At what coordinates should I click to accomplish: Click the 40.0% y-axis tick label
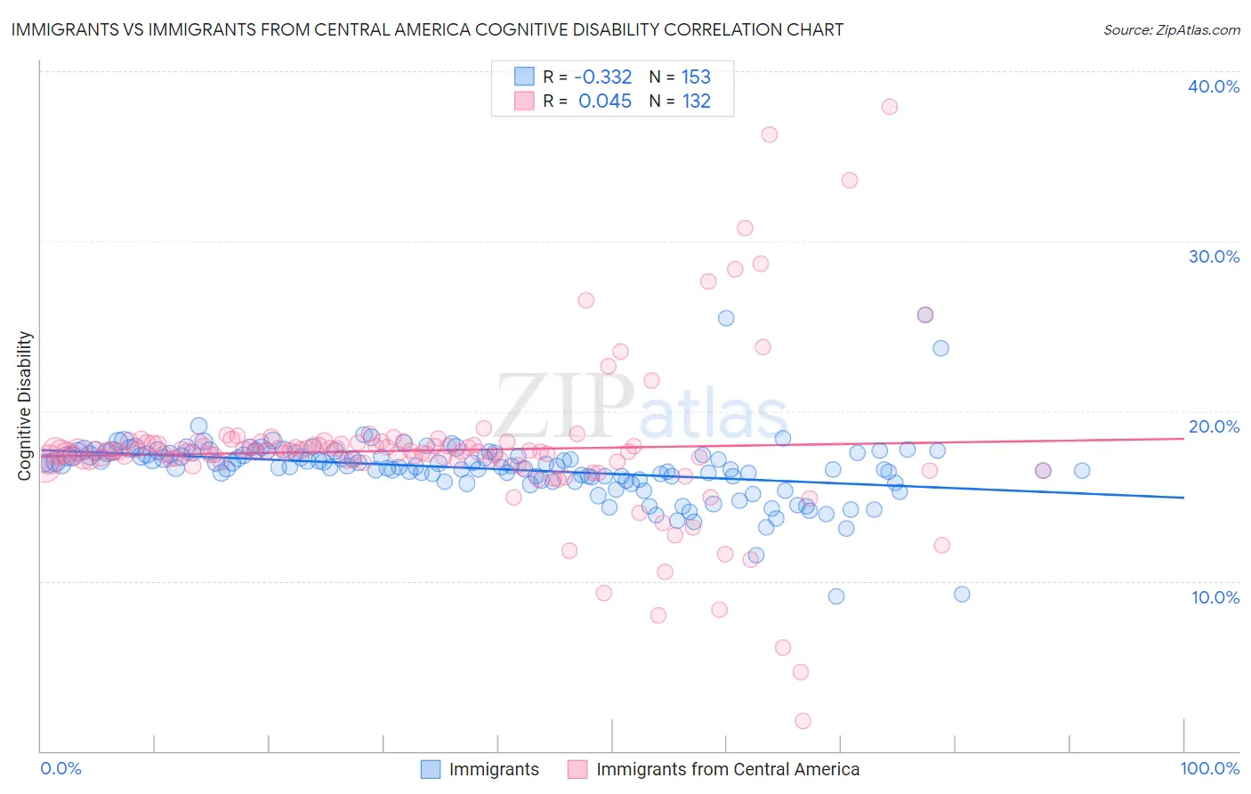tap(1213, 86)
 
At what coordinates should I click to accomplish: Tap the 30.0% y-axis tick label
tap(1213, 256)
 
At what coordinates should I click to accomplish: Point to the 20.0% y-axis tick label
tap(1213, 426)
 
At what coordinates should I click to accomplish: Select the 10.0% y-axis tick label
tap(1215, 597)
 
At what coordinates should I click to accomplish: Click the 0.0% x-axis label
tap(61, 769)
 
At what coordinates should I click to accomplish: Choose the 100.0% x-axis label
tap(1209, 769)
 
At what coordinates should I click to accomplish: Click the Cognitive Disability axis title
tap(24, 406)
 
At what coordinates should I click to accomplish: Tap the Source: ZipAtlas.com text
tap(1171, 29)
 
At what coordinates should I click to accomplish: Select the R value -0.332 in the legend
tap(602, 77)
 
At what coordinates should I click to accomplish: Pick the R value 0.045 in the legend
tap(605, 101)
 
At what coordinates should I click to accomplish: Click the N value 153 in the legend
tap(696, 77)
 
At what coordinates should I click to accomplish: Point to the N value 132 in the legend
tap(696, 101)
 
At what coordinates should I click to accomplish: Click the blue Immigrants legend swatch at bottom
tap(430, 769)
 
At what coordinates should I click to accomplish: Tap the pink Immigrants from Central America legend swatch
tap(577, 769)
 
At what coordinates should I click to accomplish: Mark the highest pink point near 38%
tap(889, 107)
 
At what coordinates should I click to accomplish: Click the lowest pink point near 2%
tap(803, 721)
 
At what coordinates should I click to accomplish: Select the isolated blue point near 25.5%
tap(726, 318)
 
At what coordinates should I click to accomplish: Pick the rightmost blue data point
tap(1082, 471)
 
